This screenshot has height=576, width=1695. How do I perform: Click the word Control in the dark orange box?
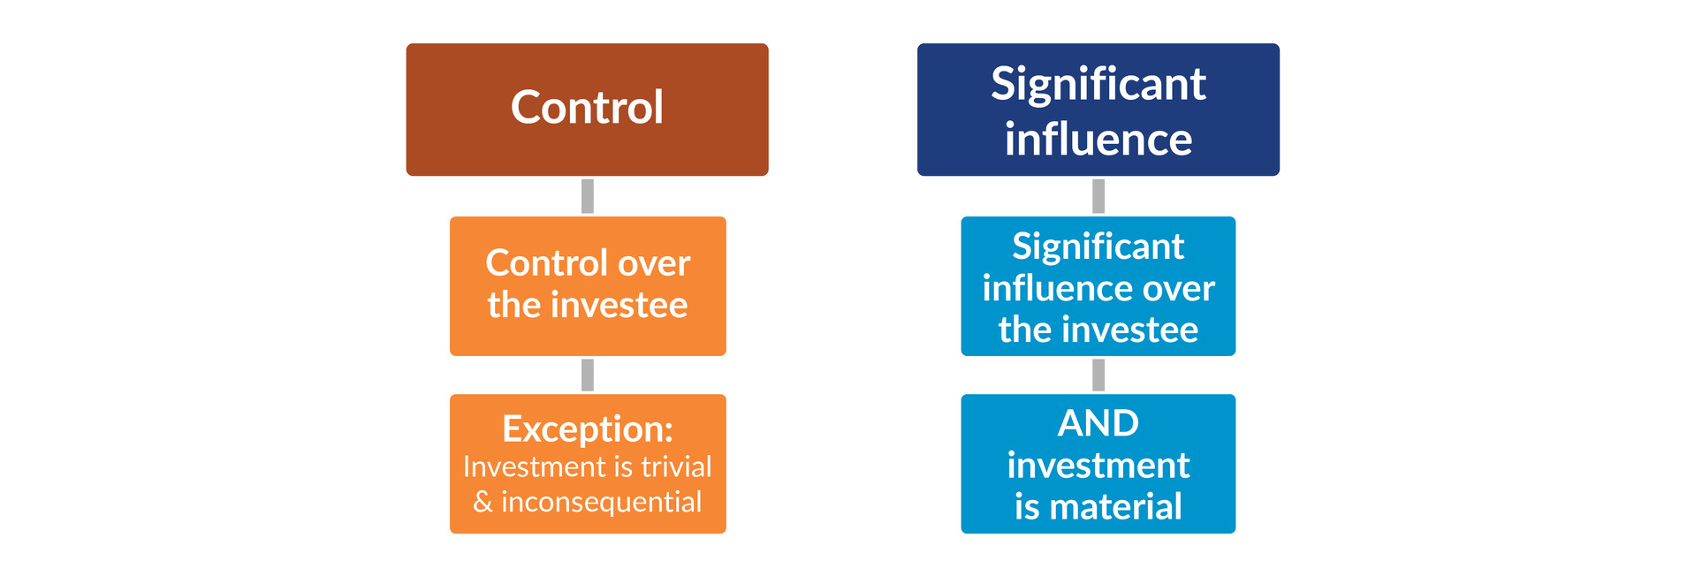click(x=587, y=108)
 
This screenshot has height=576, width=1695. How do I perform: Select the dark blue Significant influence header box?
click(x=1098, y=110)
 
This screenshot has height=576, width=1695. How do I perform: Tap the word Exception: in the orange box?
click(x=588, y=429)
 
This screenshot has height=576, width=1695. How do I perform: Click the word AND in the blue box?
click(x=1098, y=423)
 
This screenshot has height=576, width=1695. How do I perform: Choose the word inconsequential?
click(x=601, y=502)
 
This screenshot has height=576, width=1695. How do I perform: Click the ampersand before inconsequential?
click(x=483, y=502)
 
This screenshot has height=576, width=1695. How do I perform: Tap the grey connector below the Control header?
click(x=588, y=196)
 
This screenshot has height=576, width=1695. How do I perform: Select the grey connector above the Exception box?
click(x=588, y=375)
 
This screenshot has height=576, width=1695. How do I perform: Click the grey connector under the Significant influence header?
click(x=1098, y=196)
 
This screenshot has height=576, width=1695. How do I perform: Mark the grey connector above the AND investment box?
click(x=1098, y=375)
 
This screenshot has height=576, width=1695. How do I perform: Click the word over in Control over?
click(x=654, y=264)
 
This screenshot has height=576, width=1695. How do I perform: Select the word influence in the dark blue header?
click(x=1098, y=140)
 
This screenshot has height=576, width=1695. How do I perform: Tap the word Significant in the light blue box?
click(x=1098, y=247)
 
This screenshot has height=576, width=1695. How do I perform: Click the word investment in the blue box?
click(x=1098, y=466)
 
